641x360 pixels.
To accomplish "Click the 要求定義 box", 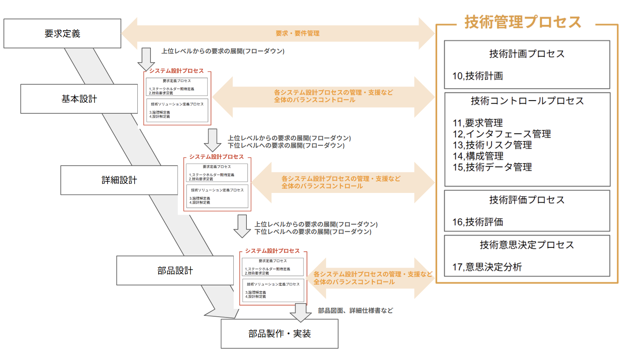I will [x=62, y=34].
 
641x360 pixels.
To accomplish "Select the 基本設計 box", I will [x=79, y=99].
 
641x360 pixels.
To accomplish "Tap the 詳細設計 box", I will [x=119, y=180].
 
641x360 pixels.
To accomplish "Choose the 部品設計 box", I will [x=175, y=271].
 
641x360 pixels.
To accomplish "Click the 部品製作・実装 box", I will [x=279, y=334].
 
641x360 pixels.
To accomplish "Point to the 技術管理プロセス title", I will [x=523, y=22].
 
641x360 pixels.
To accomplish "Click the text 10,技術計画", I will [x=478, y=76].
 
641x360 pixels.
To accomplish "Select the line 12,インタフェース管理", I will [x=502, y=134].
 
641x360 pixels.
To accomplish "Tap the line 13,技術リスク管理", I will [x=492, y=145].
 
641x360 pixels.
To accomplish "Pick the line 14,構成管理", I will [x=478, y=156].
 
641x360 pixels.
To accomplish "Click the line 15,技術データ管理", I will [x=492, y=167].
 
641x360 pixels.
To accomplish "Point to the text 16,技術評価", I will [x=478, y=222].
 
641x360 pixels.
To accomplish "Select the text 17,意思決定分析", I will [x=487, y=267].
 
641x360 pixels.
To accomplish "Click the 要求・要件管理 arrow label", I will [x=297, y=34].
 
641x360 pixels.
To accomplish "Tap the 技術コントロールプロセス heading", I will [x=527, y=101].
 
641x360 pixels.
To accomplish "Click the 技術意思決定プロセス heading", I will [x=527, y=245].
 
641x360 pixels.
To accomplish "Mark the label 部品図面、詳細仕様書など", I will [x=355, y=311].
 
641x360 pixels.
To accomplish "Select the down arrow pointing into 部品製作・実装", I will [x=301, y=312].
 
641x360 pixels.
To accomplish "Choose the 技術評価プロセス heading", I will [x=527, y=200].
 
